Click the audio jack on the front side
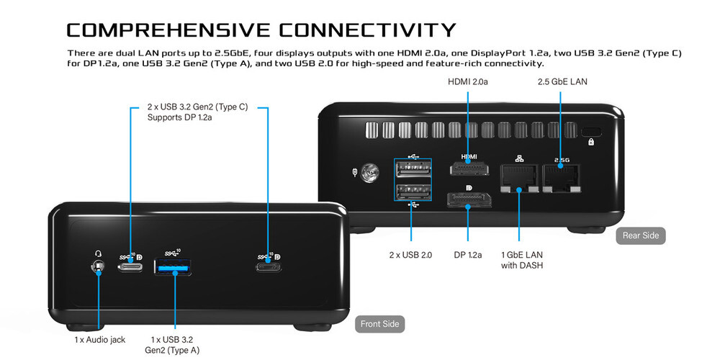(97, 267)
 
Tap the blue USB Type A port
(173, 267)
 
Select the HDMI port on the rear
(469, 168)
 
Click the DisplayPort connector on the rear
(469, 199)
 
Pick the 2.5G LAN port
(561, 179)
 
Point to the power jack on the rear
(369, 174)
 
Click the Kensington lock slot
(591, 132)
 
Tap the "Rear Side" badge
(641, 235)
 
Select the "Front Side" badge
(379, 324)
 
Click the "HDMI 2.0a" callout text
(468, 82)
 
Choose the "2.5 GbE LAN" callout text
(562, 82)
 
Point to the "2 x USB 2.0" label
(410, 255)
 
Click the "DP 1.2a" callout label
(468, 255)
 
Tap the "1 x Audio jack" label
(99, 340)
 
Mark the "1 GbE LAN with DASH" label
(522, 260)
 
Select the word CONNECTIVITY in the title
(368, 30)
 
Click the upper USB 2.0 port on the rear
(413, 169)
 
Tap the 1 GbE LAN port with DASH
(519, 179)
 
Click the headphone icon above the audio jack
(98, 253)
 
